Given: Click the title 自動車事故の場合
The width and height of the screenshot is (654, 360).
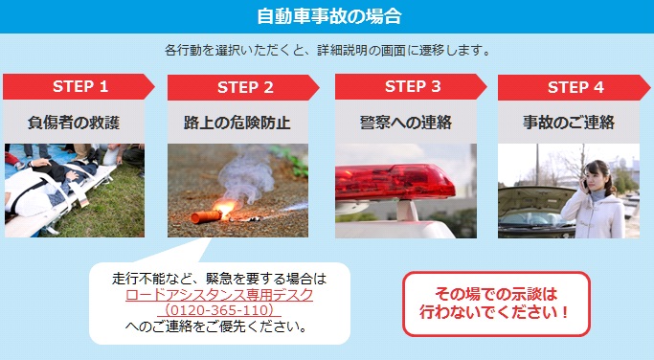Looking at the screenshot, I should point(327,16).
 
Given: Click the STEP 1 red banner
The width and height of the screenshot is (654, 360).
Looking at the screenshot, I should point(79,86).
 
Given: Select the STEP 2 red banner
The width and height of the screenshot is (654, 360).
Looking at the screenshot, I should point(244,87).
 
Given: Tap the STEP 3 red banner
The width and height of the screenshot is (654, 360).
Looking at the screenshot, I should point(412,86).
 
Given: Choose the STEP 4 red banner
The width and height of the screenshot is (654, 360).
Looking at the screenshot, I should point(575,87).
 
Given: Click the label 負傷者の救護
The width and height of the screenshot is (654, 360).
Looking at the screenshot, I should point(74,122).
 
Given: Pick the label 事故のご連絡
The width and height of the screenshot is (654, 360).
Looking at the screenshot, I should point(569,122).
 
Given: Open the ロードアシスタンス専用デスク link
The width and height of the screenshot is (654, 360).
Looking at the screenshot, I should point(219,295).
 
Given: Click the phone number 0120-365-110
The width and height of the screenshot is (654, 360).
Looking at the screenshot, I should point(219,311).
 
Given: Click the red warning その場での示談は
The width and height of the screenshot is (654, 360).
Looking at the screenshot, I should point(495,294).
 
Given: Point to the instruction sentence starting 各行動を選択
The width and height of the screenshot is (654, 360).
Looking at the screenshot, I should point(327,50).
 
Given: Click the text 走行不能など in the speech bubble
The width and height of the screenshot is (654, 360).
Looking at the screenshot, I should point(153,279).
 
